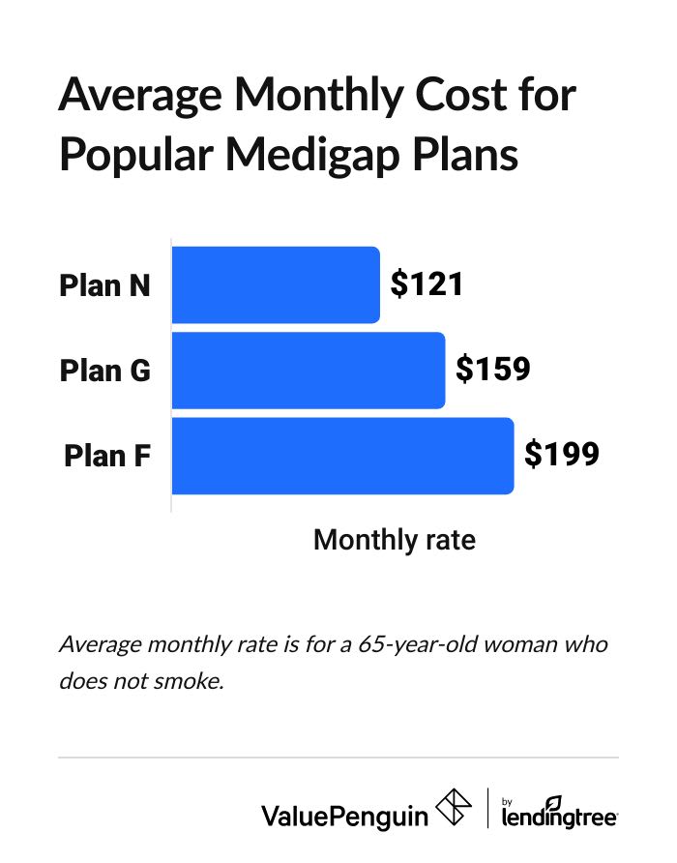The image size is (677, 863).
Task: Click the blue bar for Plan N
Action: pos(276,284)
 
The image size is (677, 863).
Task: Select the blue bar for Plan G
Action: pos(308,370)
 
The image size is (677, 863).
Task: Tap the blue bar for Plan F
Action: pos(342,455)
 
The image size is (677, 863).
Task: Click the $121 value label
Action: pos(427,284)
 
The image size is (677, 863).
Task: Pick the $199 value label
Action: pos(562,454)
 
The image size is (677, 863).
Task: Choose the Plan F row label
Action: pos(107,455)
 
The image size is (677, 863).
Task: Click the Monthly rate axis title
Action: pos(395,539)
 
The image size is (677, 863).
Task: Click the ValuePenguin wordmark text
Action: pos(344,816)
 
